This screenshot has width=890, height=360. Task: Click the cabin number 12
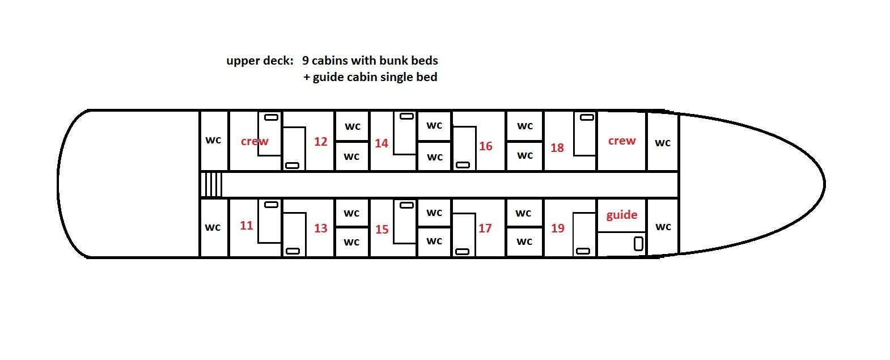321,142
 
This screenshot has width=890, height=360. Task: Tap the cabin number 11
246,226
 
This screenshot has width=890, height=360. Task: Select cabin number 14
382,143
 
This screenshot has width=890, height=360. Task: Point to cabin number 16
486,146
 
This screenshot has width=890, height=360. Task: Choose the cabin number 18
557,148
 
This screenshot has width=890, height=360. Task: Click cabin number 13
321,228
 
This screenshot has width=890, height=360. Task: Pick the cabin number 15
382,230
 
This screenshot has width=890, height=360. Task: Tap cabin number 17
485,228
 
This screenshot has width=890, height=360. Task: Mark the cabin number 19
558,228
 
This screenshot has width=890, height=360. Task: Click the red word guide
622,215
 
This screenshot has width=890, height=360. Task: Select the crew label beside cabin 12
255,142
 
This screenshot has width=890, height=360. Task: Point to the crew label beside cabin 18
622,141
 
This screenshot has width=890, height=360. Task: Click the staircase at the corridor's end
211,185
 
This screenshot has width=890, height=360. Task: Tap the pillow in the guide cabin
639,244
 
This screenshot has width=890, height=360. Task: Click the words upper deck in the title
260,61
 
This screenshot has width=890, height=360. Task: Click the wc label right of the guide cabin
663,227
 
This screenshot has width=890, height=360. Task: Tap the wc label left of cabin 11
213,227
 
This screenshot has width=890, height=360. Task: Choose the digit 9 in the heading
306,61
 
